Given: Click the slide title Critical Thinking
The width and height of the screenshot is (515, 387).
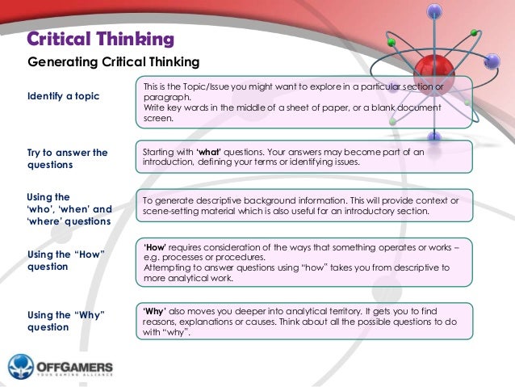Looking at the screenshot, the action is [101, 39].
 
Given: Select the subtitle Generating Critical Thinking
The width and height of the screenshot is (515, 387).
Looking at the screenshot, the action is [113, 61].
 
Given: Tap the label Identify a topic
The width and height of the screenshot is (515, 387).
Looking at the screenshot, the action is [64, 96].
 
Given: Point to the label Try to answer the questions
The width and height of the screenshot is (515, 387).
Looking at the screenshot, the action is [67, 158].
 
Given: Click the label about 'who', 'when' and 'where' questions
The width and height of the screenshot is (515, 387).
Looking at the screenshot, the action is [69, 208].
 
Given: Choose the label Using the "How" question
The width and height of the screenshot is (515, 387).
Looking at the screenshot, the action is [67, 260].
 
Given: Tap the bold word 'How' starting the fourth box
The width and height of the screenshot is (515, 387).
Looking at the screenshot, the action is [155, 246].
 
